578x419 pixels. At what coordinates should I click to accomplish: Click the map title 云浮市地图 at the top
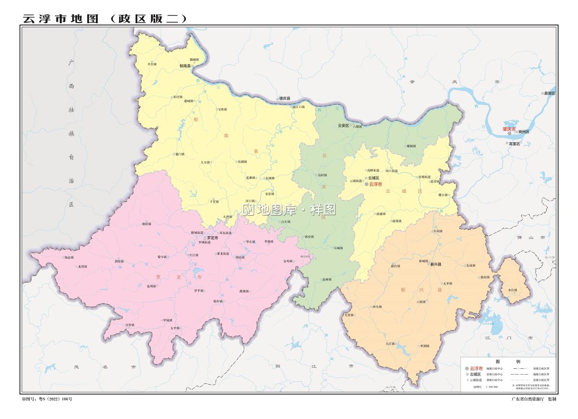coord(60,18)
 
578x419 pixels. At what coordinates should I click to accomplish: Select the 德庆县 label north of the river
coord(285,98)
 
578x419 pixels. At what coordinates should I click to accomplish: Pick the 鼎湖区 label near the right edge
coord(549,93)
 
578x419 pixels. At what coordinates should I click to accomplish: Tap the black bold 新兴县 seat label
coord(436,264)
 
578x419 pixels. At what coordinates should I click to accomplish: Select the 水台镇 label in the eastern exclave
coord(512,290)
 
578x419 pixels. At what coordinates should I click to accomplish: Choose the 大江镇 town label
coord(390,344)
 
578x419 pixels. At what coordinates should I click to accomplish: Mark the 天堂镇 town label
coord(349,315)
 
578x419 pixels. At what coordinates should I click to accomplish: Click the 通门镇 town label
coord(179,154)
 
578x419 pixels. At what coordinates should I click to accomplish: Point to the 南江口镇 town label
coord(299,107)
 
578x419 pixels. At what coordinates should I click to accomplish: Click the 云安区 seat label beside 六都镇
coord(343,125)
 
